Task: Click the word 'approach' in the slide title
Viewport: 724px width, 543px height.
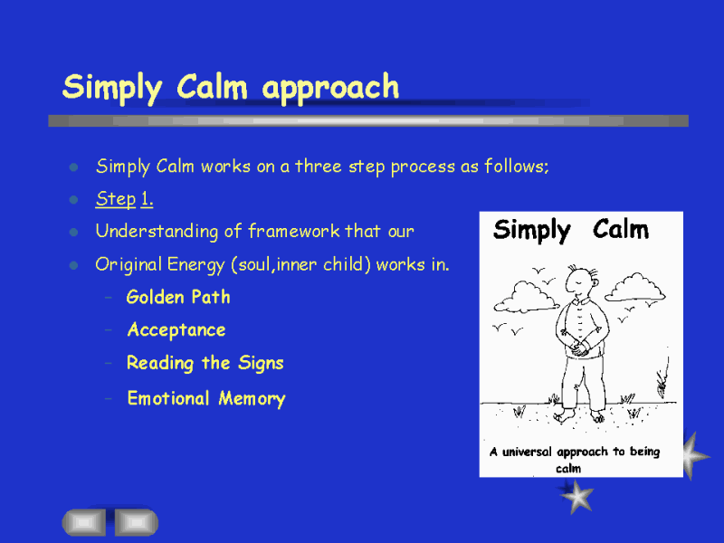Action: click(330, 88)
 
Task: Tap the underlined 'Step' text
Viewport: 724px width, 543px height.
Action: click(116, 199)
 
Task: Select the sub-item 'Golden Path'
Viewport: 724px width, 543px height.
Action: click(178, 297)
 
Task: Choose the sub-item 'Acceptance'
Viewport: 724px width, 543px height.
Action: click(176, 330)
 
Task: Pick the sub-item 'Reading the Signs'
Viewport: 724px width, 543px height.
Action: click(205, 363)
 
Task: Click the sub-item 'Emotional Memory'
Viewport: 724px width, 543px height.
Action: click(206, 398)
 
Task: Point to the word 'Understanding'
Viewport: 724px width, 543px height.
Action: click(157, 232)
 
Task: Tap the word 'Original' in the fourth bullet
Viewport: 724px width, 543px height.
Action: click(129, 265)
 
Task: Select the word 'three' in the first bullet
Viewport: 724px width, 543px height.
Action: click(319, 166)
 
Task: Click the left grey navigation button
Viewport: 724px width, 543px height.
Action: click(84, 522)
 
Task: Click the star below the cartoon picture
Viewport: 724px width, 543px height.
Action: click(576, 495)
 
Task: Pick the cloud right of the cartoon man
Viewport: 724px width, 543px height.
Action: click(635, 287)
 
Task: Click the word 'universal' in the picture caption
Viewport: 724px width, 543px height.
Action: click(527, 452)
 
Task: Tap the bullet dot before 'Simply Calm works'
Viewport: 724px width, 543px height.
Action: click(73, 167)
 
